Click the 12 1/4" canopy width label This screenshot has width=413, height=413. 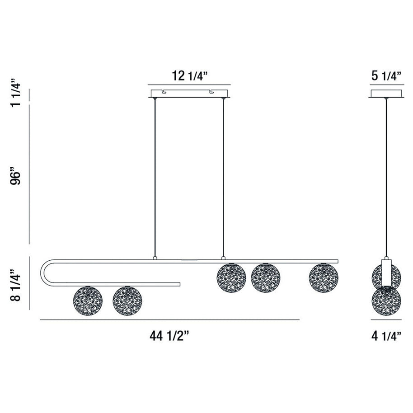(x=189, y=76)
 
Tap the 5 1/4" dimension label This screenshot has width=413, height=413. (x=386, y=76)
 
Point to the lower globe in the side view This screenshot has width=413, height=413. (x=386, y=300)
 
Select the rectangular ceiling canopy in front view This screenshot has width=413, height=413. (x=189, y=94)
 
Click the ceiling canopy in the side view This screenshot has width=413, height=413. (x=386, y=94)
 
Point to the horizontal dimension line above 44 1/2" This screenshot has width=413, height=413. (x=169, y=320)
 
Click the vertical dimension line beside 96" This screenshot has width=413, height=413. (x=30, y=180)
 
